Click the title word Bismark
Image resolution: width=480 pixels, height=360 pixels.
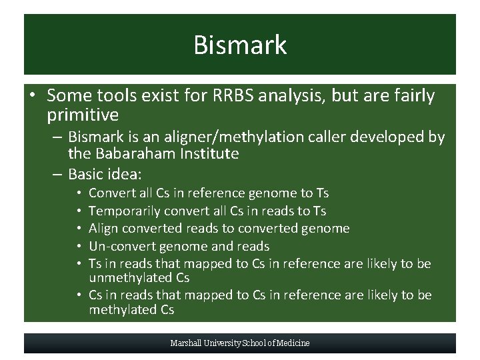[240, 45]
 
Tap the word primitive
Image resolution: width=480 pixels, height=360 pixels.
[83, 115]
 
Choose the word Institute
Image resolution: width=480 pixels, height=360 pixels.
[207, 154]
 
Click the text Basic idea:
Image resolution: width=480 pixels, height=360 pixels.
[105, 174]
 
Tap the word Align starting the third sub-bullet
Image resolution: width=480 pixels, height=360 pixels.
[103, 228]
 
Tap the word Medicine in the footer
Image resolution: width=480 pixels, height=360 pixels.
[294, 343]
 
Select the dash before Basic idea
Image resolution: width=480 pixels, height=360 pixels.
[57, 174]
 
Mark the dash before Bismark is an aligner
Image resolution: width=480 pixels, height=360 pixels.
[57, 137]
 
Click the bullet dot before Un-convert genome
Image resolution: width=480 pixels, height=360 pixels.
[79, 246]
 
